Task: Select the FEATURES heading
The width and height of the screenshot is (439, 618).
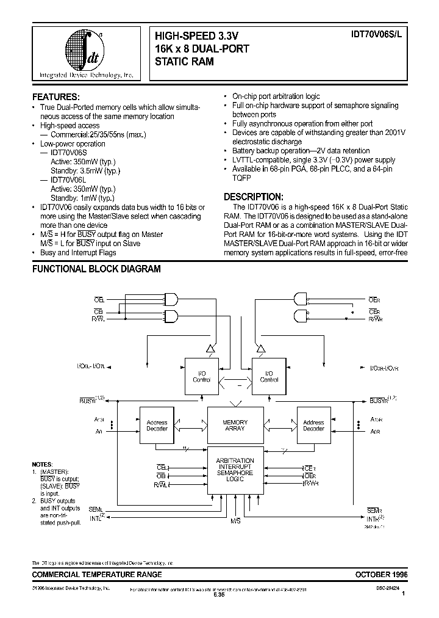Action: point(55,96)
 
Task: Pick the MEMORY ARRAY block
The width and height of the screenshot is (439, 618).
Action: point(235,425)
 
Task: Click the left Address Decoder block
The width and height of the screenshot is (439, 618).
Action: point(157,425)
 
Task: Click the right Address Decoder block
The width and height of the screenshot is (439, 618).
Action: point(313,425)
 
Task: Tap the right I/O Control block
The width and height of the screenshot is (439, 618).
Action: point(269,376)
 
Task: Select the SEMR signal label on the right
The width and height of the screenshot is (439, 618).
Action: point(374,510)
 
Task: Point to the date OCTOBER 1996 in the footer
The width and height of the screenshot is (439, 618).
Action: point(381,575)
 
